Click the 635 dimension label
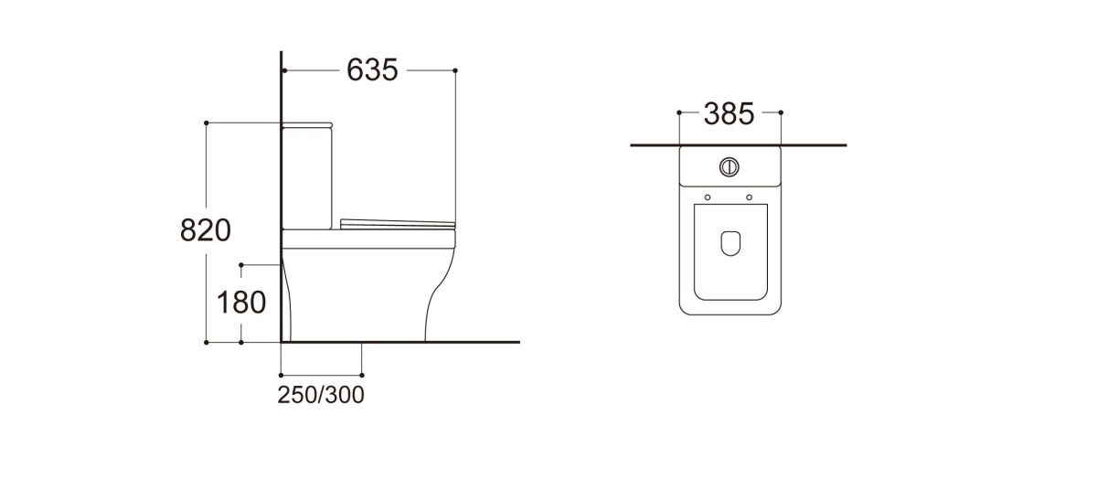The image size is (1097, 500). [372, 70]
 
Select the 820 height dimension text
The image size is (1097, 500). [206, 230]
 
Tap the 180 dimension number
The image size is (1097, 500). [241, 303]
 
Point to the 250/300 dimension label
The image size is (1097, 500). [321, 395]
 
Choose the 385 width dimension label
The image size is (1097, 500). [730, 114]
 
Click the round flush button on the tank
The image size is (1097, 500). [730, 167]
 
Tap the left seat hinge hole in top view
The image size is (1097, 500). [708, 197]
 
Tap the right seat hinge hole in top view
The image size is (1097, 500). [750, 197]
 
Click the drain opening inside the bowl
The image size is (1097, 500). [730, 243]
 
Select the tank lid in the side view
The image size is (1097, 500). [307, 125]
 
